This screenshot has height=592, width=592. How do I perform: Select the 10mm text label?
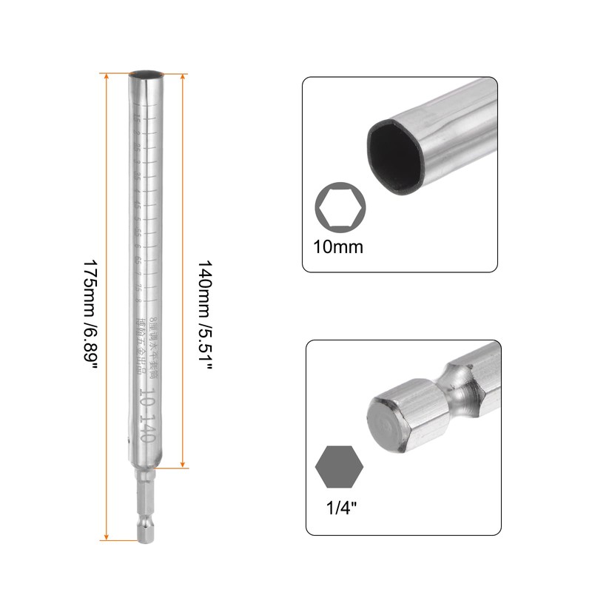coord(339,246)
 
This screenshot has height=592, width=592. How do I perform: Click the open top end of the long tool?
coord(145,74)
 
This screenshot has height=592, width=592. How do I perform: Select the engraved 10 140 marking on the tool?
coord(146,414)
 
